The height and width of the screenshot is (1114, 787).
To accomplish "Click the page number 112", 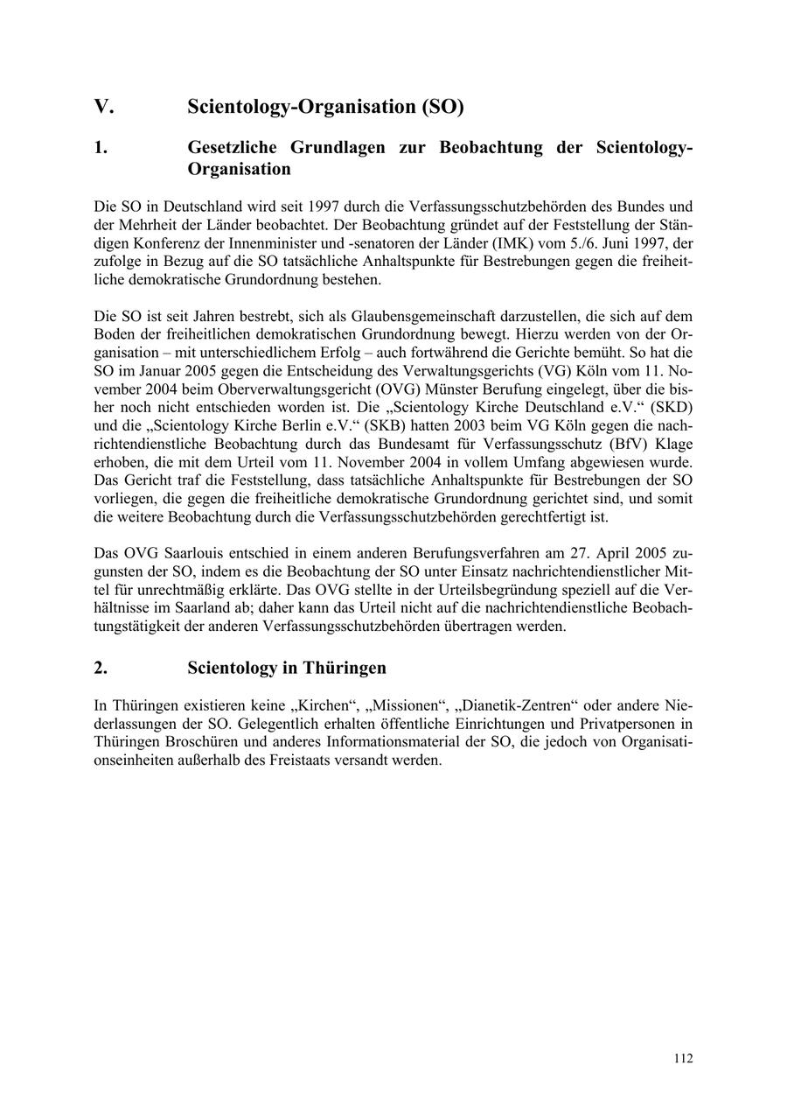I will (x=683, y=1059).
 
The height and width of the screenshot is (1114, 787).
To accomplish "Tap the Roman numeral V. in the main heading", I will (x=104, y=107).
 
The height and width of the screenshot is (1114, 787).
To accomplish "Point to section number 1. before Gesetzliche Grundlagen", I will (x=101, y=147).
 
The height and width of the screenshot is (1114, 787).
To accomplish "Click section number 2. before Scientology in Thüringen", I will (x=101, y=668).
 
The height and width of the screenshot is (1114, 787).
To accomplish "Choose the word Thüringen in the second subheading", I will (x=345, y=668).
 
